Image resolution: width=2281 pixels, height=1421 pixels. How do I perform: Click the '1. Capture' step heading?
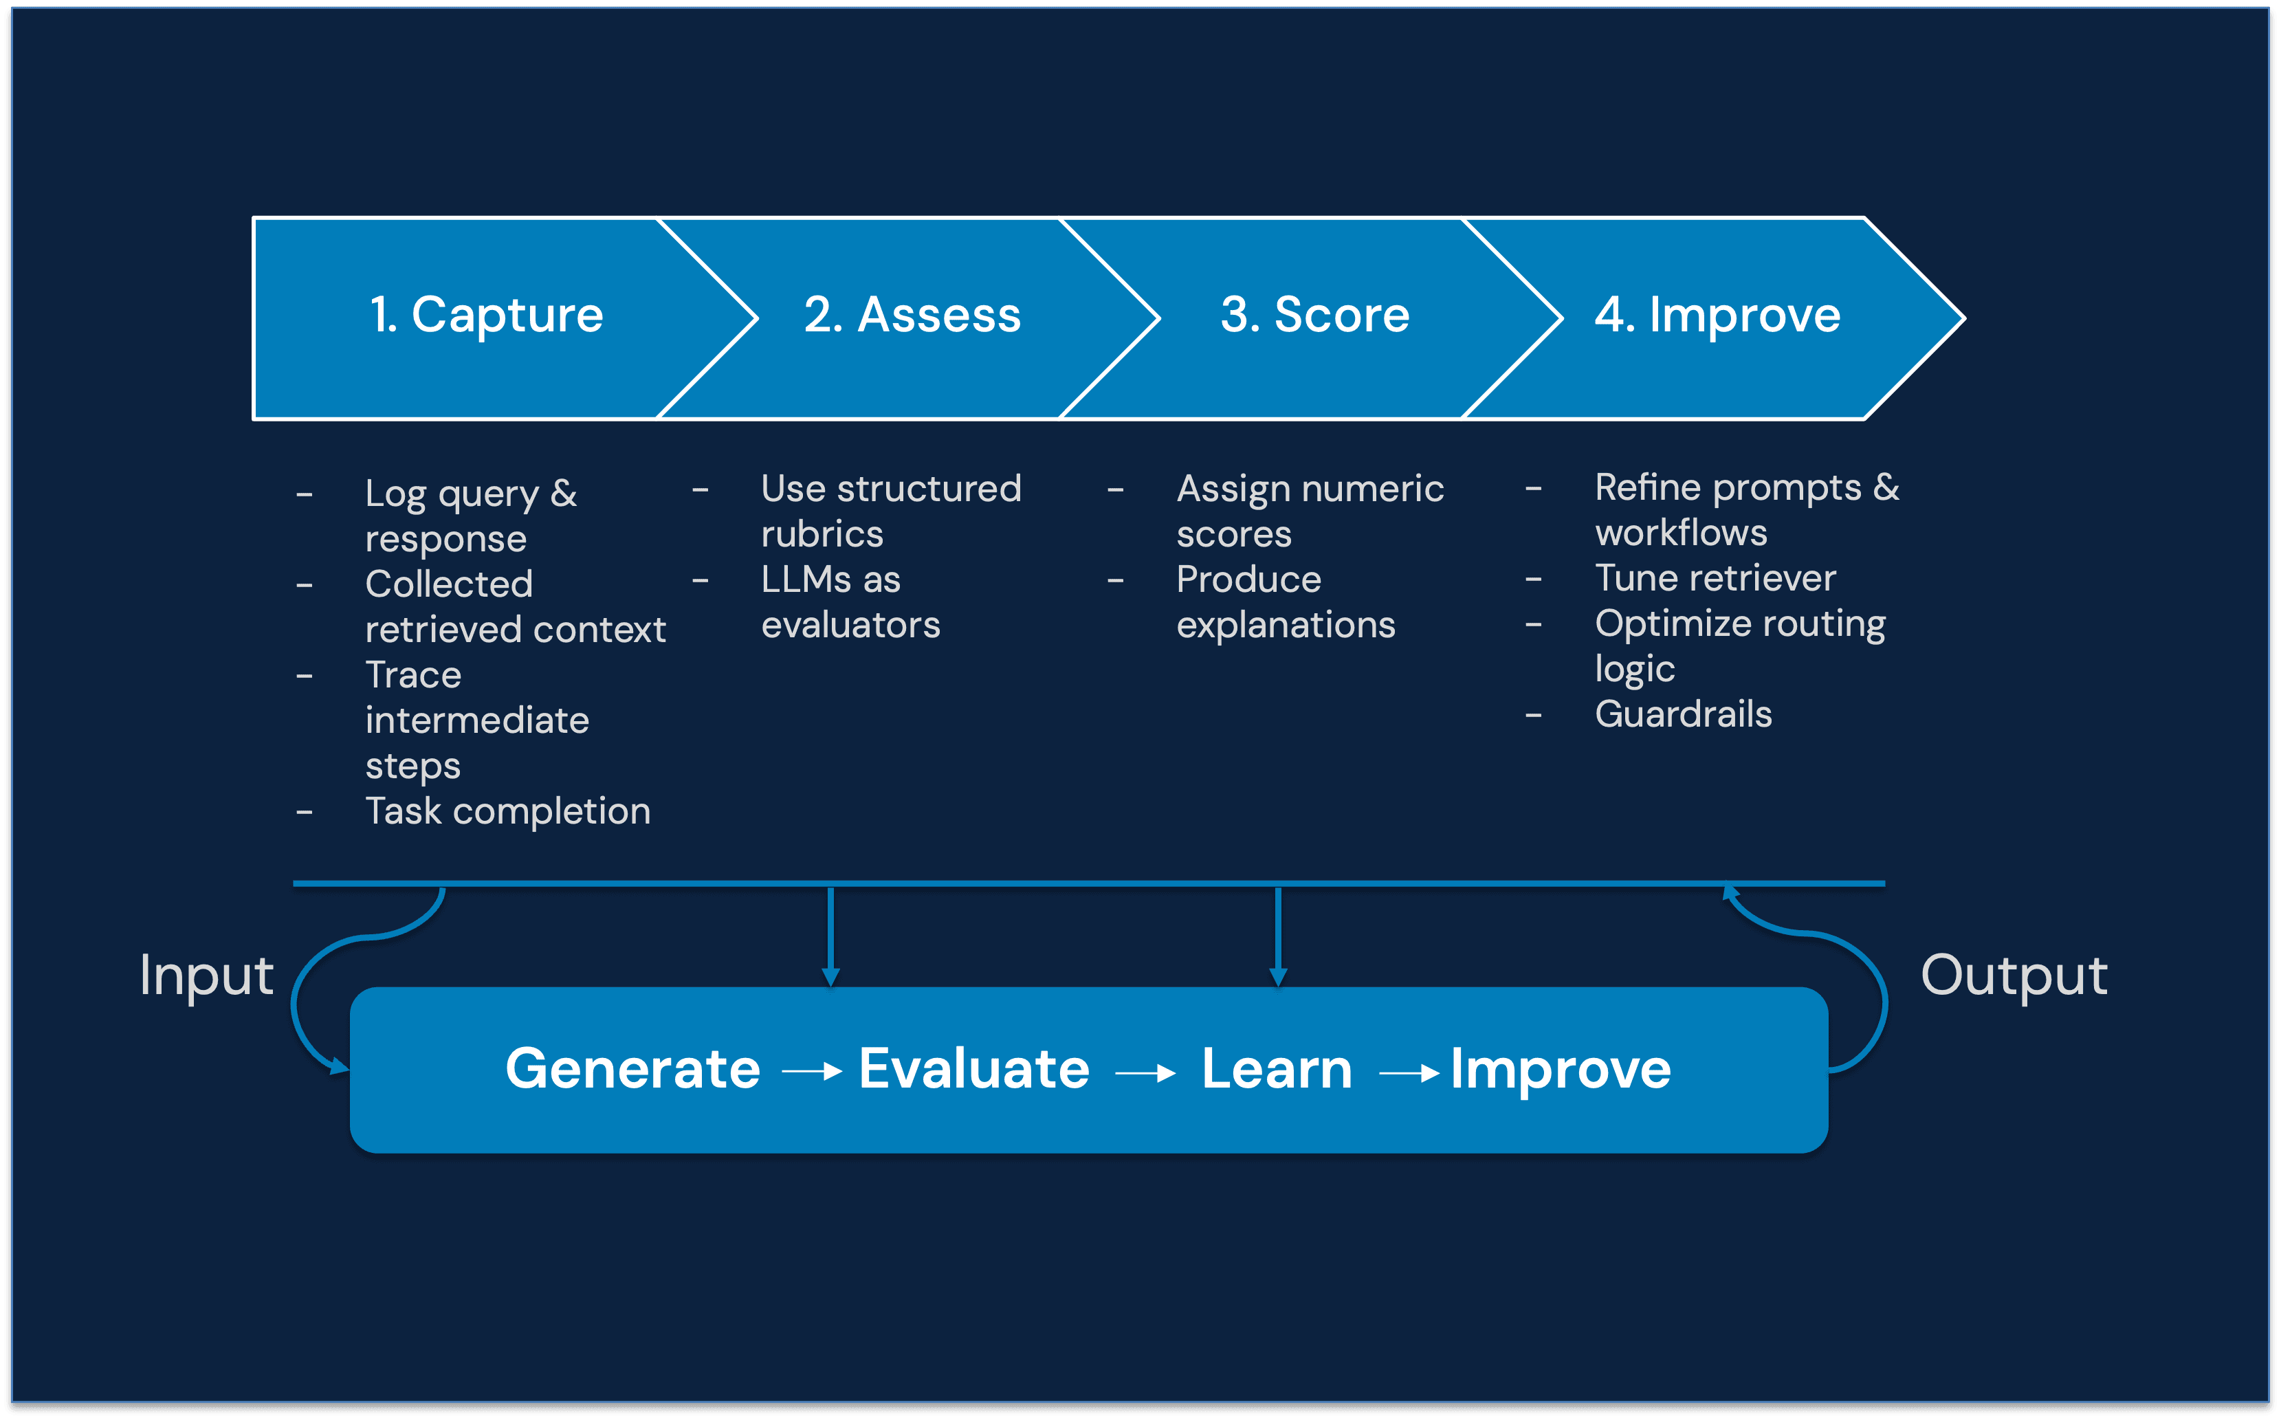(x=486, y=315)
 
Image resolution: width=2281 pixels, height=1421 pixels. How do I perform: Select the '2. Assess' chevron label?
(x=912, y=315)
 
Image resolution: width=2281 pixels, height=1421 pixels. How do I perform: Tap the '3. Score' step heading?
(x=1315, y=315)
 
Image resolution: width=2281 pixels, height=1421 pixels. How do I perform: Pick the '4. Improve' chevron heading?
(x=1717, y=315)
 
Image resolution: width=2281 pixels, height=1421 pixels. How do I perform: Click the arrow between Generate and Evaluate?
(x=811, y=1071)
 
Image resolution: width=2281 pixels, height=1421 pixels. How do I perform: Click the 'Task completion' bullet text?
(x=507, y=811)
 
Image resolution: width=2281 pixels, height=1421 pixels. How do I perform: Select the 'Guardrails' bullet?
(x=1684, y=714)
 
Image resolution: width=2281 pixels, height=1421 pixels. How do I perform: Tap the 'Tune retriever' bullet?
(x=1715, y=578)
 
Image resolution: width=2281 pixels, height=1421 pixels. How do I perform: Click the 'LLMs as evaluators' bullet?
(x=850, y=602)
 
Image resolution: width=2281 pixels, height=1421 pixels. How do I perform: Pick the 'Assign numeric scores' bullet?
(x=1309, y=511)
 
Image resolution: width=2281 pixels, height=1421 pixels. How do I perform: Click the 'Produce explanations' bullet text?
(x=1285, y=602)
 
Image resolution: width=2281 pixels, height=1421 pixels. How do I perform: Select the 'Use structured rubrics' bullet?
(x=890, y=511)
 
